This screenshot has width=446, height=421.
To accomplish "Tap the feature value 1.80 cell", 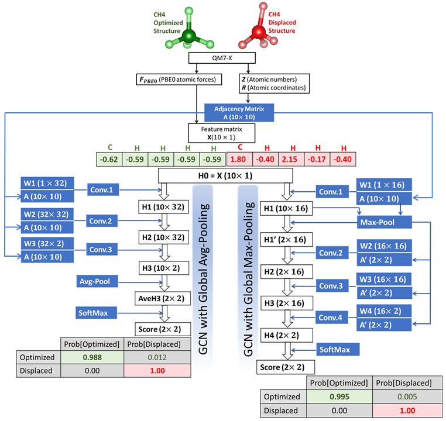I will (x=239, y=159).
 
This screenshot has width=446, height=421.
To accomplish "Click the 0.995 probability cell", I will (x=336, y=396).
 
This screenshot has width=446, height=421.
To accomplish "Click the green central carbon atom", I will (x=188, y=35).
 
